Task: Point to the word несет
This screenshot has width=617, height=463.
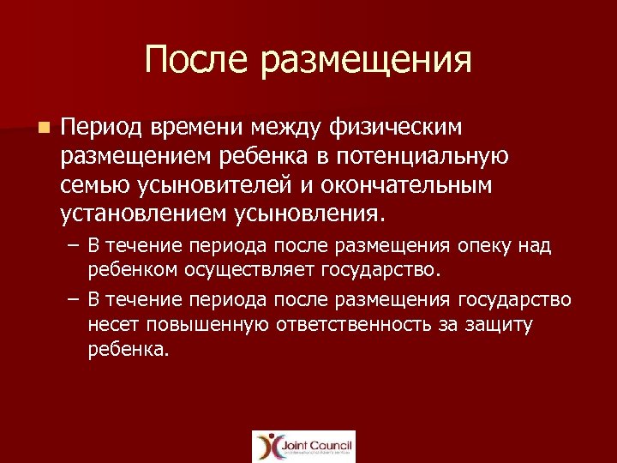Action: point(114,326)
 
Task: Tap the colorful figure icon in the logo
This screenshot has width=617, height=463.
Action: point(267,447)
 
